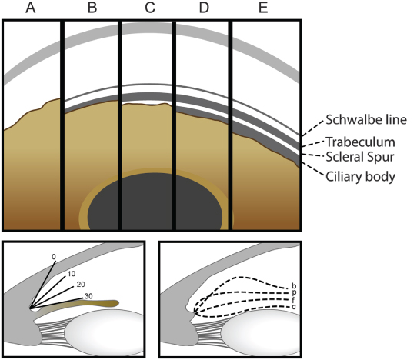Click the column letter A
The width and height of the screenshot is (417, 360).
pyautogui.click(x=31, y=8)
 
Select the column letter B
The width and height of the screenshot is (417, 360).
pyautogui.click(x=92, y=8)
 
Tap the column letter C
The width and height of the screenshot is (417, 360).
pyautogui.click(x=150, y=8)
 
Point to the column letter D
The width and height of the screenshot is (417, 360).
pyautogui.click(x=204, y=8)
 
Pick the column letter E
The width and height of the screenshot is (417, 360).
pyautogui.click(x=263, y=8)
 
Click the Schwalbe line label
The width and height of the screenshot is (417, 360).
pyautogui.click(x=366, y=120)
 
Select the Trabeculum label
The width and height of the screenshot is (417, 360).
pyautogui.click(x=360, y=142)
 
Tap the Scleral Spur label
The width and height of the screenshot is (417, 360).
pyautogui.click(x=360, y=157)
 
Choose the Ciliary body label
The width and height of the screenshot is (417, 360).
pyautogui.click(x=360, y=177)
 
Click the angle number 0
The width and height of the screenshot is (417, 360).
pyautogui.click(x=54, y=257)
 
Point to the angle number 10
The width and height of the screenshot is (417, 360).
pyautogui.click(x=72, y=274)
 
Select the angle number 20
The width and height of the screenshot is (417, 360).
pyautogui.click(x=81, y=285)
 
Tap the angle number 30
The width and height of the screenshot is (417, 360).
pyautogui.click(x=88, y=296)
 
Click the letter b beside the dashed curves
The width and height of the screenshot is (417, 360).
pyautogui.click(x=294, y=286)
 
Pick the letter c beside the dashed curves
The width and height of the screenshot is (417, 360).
pyautogui.click(x=294, y=307)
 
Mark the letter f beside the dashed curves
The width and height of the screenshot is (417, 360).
pyautogui.click(x=293, y=301)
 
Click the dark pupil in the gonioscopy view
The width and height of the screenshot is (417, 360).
pyautogui.click(x=155, y=202)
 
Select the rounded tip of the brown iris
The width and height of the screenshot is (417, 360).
pyautogui.click(x=117, y=303)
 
